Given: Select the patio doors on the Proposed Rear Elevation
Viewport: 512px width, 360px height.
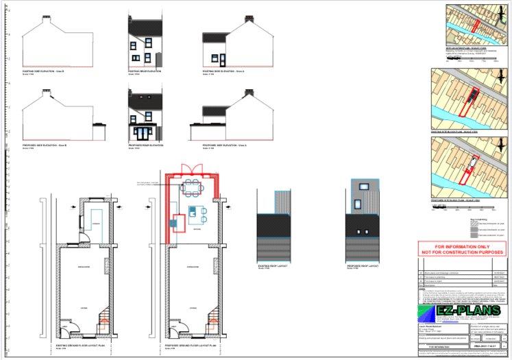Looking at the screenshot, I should (144, 132).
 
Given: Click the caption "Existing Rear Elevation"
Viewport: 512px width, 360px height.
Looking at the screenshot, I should (144, 70).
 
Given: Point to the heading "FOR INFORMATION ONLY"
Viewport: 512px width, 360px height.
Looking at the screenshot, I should (463, 246).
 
